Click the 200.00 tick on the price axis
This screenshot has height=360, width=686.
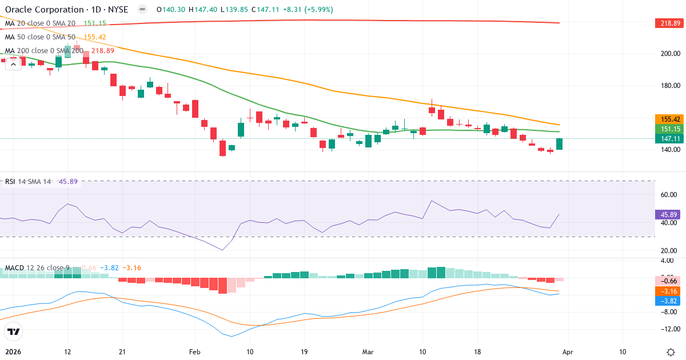click(x=668, y=54)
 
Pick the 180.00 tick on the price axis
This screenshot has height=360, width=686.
click(x=668, y=86)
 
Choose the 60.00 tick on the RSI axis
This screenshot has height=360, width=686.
click(x=668, y=194)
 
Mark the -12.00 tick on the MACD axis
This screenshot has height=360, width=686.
click(x=668, y=329)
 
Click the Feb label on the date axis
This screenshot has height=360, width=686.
click(x=195, y=352)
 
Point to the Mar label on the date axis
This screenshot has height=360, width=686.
click(x=367, y=352)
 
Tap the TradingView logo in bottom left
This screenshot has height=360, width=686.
click(x=14, y=331)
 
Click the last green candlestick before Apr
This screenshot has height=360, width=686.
click(x=559, y=144)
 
